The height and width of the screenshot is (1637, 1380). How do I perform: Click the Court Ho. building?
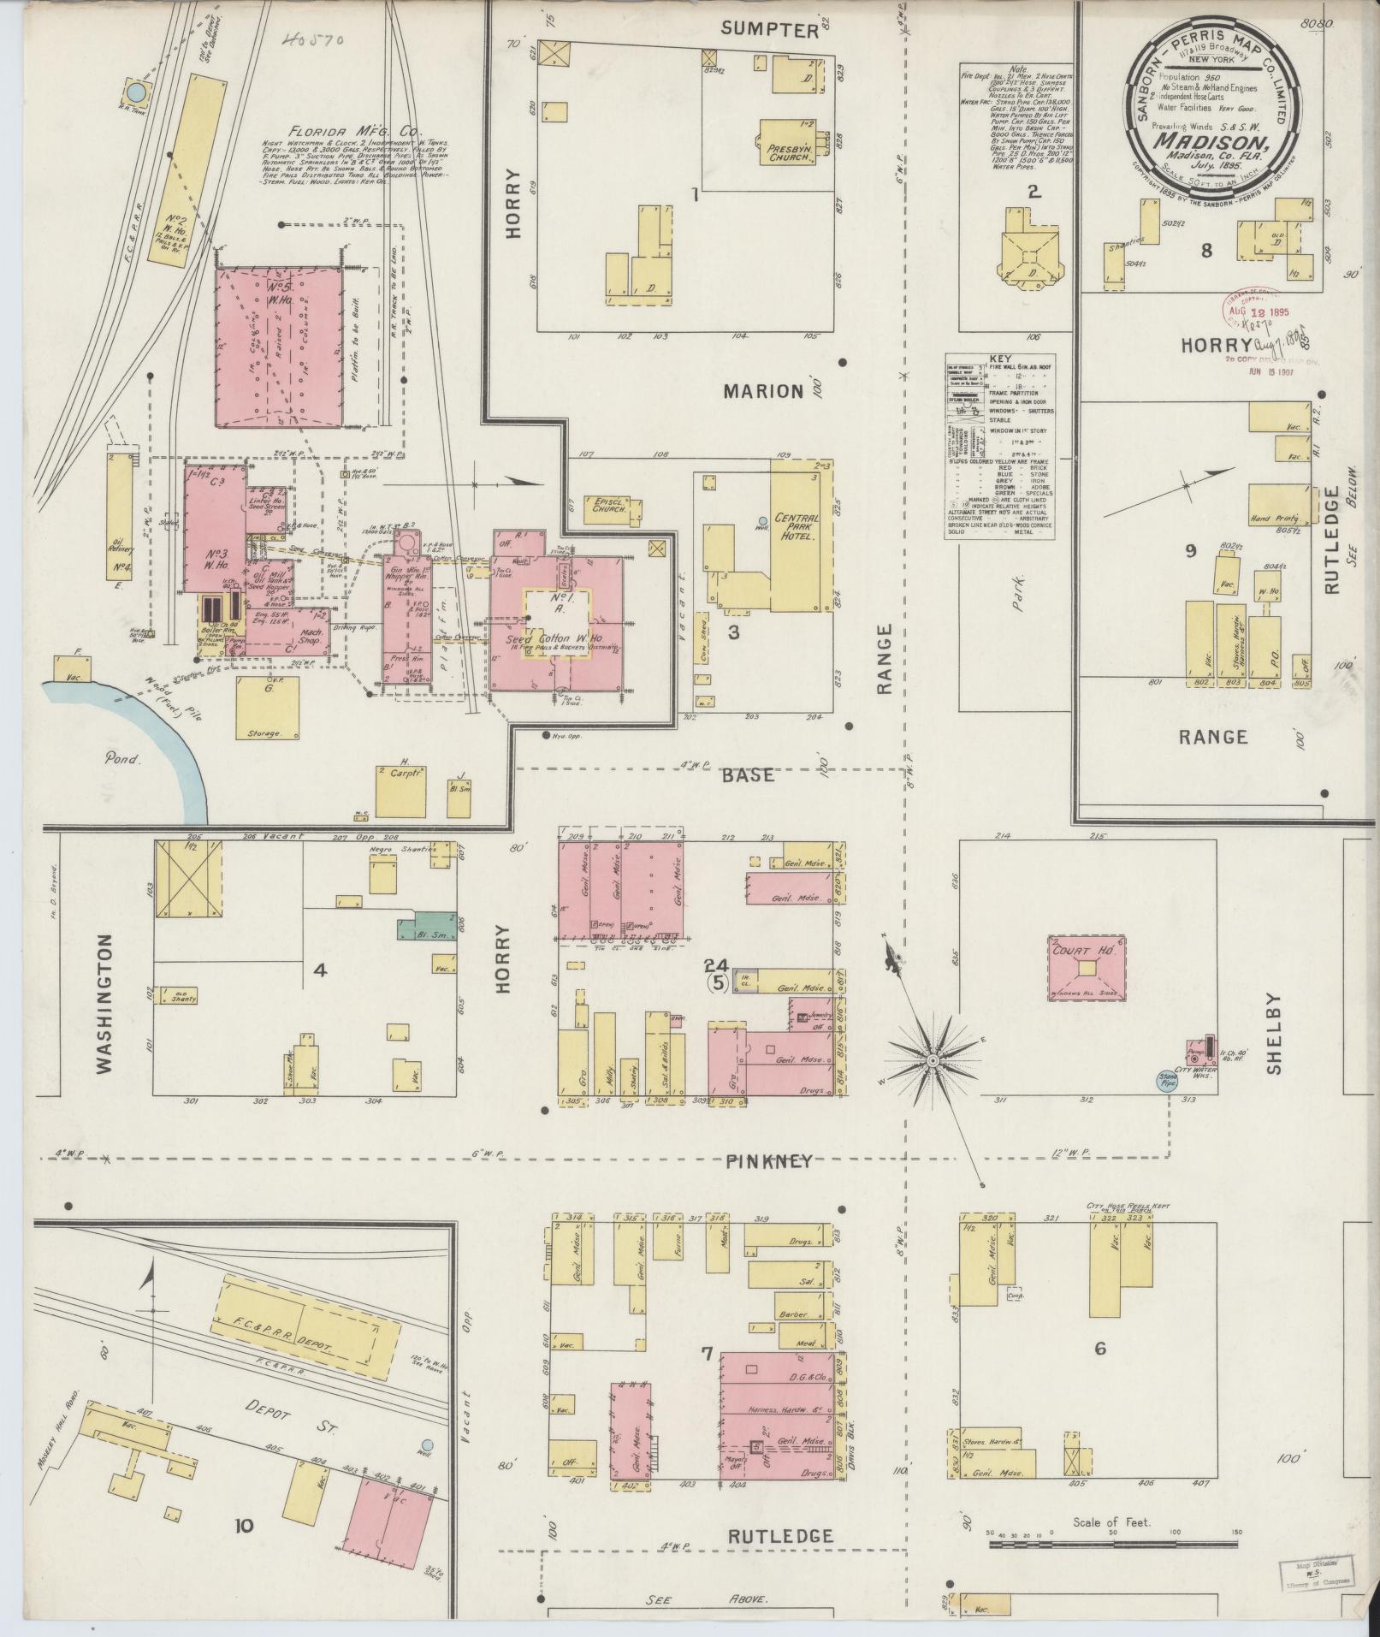point(1086,968)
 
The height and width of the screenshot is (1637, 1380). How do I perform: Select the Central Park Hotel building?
point(798,536)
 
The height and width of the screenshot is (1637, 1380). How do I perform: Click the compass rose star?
point(933,1061)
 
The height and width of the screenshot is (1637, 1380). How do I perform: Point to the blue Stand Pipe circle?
point(1165,1081)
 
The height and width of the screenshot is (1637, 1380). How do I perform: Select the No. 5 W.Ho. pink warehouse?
point(281,346)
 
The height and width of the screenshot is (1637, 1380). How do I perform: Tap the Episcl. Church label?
point(608,504)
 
